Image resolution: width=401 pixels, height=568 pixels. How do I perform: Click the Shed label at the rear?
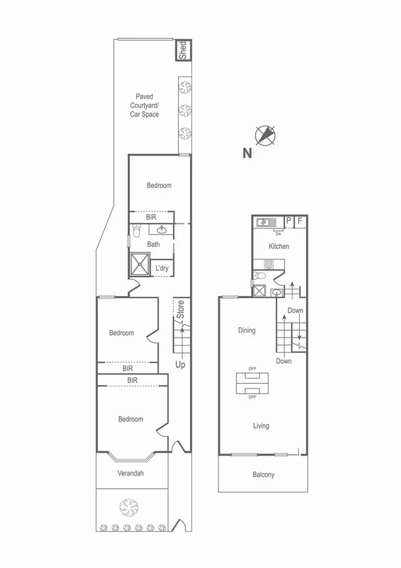(x=183, y=50)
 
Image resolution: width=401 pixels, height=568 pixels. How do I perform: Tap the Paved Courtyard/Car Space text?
(x=145, y=106)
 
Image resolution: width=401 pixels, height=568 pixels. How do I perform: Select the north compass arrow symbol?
(x=266, y=135)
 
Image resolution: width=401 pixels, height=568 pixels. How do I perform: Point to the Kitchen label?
(x=279, y=246)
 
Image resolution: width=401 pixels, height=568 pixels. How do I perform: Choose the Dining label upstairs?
(x=246, y=330)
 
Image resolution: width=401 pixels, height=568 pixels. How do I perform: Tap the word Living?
(x=260, y=425)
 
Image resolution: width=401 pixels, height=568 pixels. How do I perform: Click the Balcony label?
(x=263, y=475)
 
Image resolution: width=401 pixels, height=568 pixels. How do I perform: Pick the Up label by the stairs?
(x=180, y=365)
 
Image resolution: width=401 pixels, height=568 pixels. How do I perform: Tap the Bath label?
(x=153, y=244)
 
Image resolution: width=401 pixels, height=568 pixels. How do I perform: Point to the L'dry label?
(x=162, y=269)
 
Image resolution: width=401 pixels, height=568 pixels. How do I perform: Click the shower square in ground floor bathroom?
(x=141, y=264)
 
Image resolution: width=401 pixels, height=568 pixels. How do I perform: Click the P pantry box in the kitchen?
(x=289, y=220)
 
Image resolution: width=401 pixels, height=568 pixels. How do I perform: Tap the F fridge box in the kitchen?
(x=300, y=220)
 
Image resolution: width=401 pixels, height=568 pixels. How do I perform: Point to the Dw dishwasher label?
(x=277, y=234)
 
